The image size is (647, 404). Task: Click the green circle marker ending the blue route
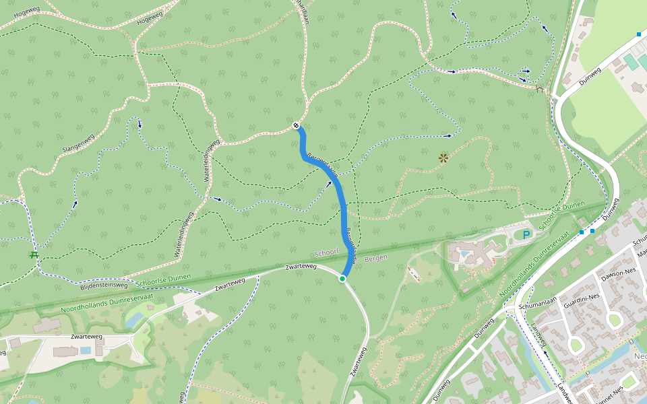coord(342,279)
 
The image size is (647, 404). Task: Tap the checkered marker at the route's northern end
coord(297,125)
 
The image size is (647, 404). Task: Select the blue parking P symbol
coord(526,234)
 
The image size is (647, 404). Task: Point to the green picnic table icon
coord(33,254)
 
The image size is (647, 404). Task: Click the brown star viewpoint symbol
coord(443,158)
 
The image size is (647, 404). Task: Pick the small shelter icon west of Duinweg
coord(538,88)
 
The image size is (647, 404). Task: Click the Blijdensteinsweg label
coord(103,285)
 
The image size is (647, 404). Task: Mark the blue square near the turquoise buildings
coord(639,34)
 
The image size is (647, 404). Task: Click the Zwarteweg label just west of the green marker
coord(301,268)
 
